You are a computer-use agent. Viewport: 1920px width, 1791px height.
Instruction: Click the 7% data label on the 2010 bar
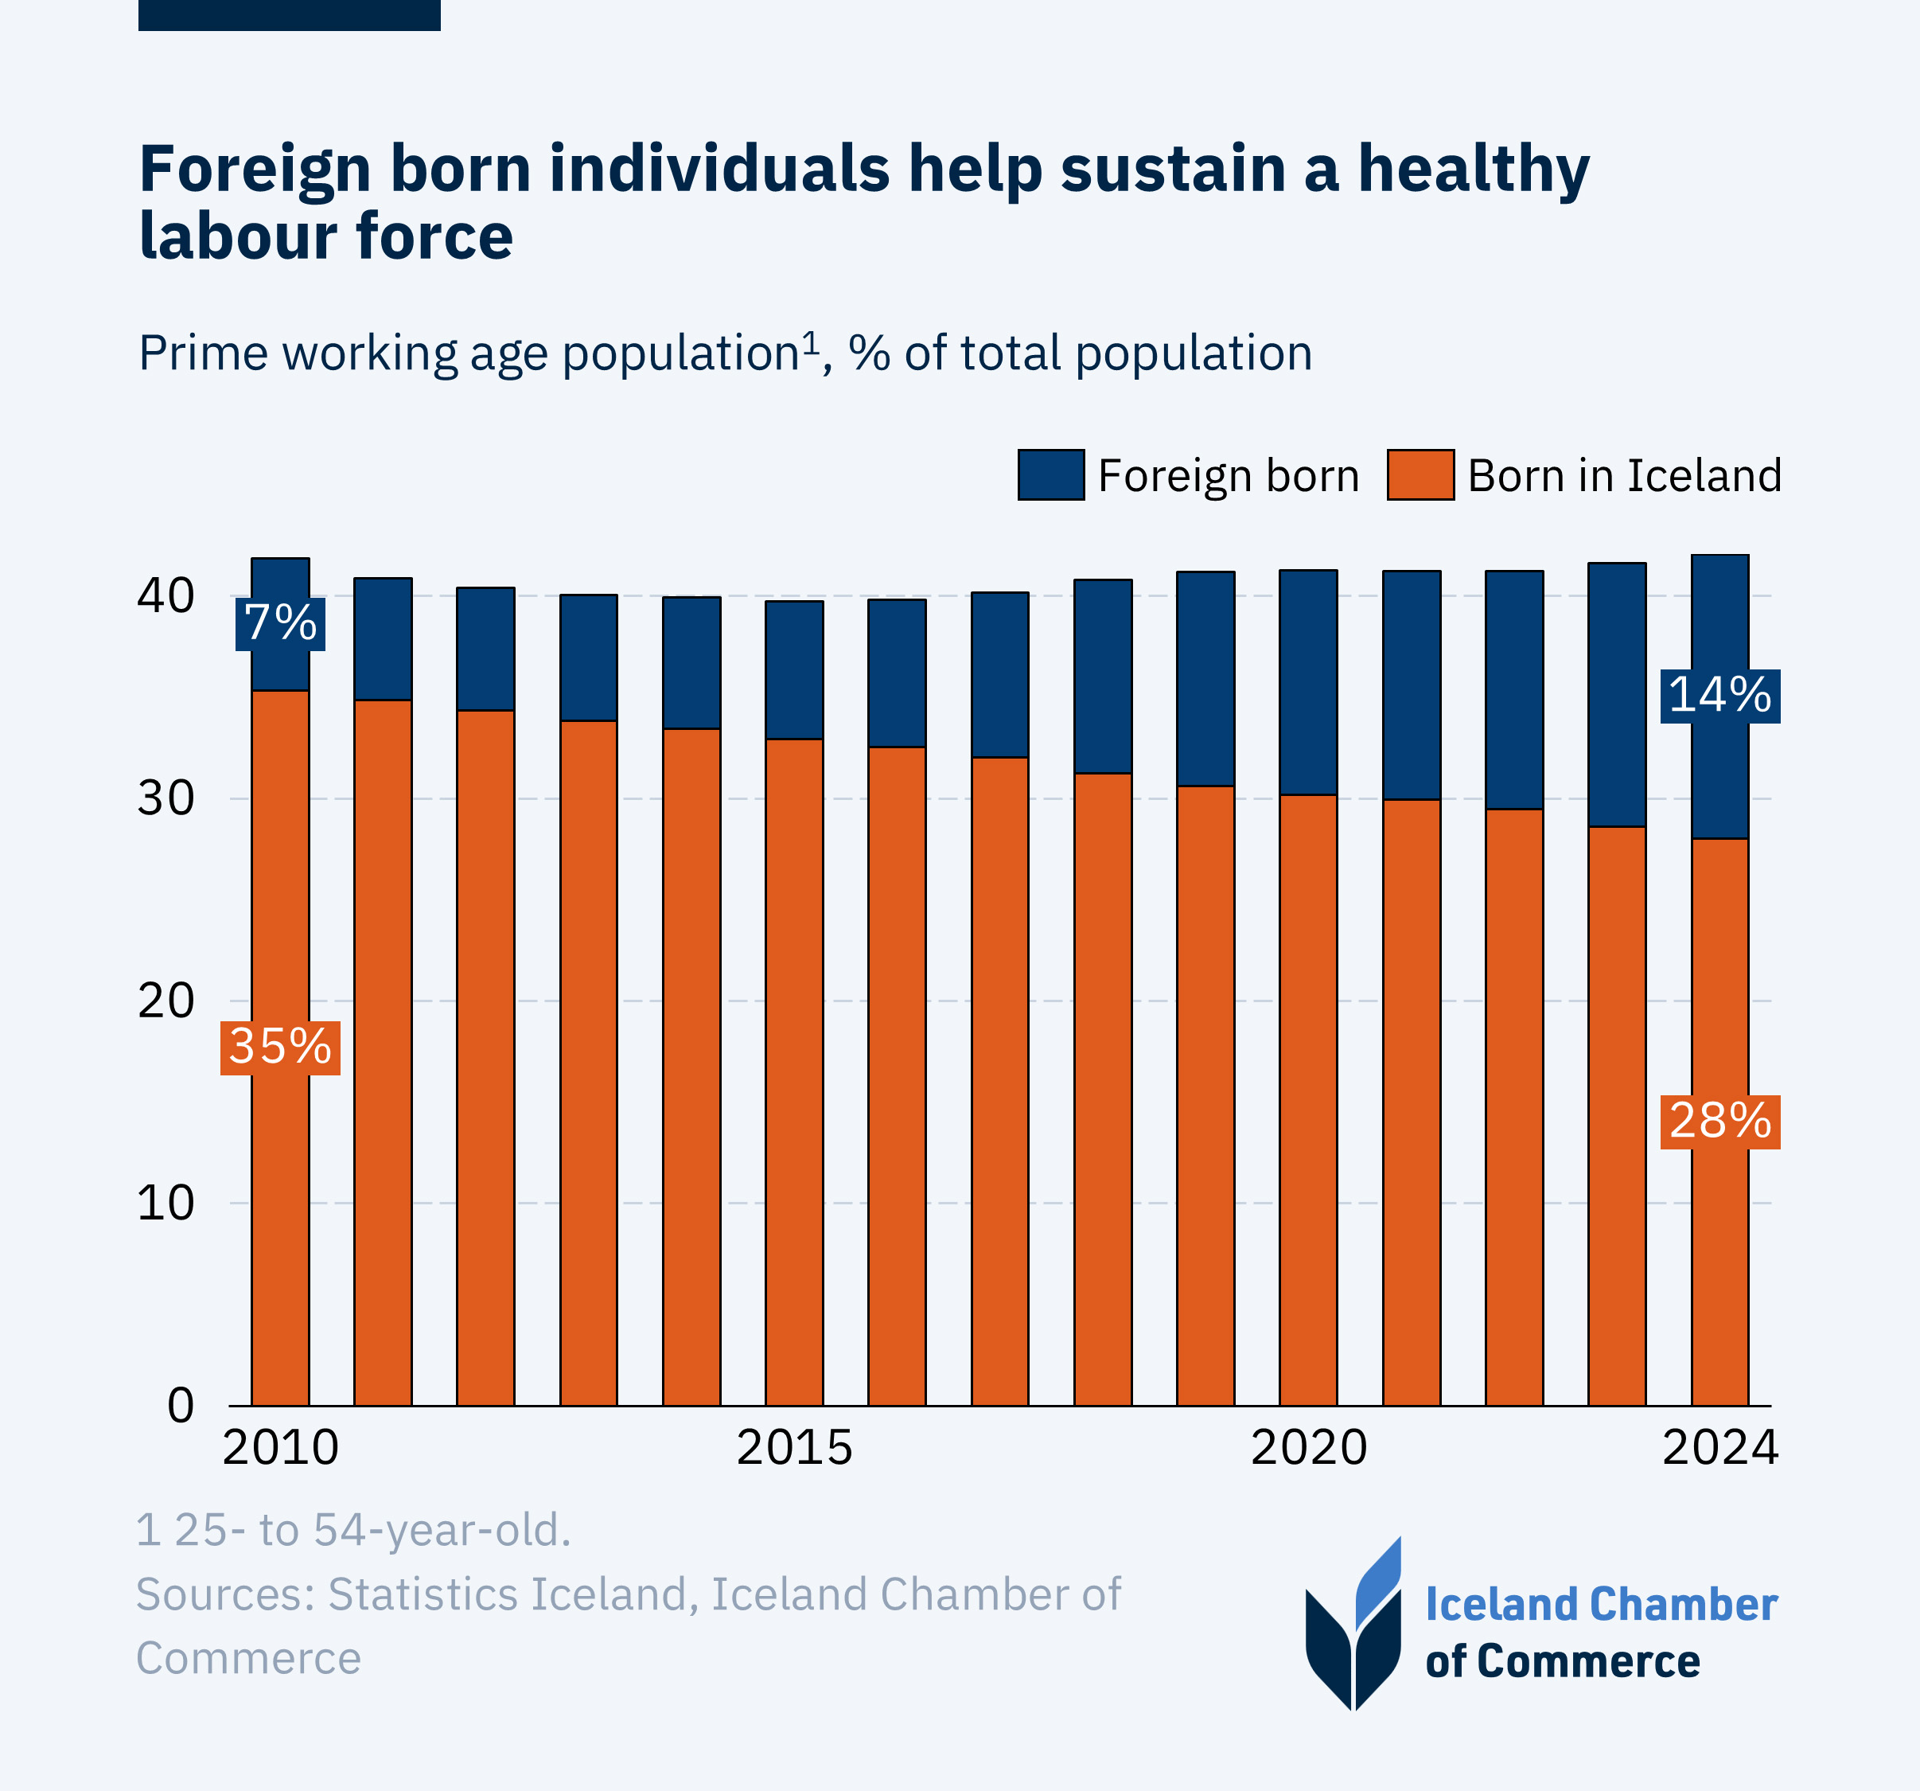point(280,623)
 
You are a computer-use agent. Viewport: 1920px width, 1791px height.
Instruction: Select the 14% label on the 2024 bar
point(1720,696)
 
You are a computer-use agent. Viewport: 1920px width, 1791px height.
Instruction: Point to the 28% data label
point(1720,1122)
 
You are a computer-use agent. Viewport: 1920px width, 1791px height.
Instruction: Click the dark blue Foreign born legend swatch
point(1051,474)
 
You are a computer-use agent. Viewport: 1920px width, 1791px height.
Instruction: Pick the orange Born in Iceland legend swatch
point(1420,474)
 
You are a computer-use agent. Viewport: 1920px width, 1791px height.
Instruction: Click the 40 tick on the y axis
point(166,596)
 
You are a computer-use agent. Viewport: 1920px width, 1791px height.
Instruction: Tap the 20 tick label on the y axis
point(166,1001)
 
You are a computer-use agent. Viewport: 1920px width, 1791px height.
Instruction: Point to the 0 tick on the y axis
point(181,1406)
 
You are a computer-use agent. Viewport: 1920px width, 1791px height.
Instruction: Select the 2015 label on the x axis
point(794,1448)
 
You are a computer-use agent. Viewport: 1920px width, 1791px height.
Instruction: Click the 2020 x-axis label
point(1309,1448)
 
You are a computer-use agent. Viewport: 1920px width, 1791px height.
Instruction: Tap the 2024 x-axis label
point(1720,1448)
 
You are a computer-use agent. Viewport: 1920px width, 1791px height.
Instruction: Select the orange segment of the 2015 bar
point(794,1072)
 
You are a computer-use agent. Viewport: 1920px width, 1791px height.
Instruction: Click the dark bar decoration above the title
point(289,14)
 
